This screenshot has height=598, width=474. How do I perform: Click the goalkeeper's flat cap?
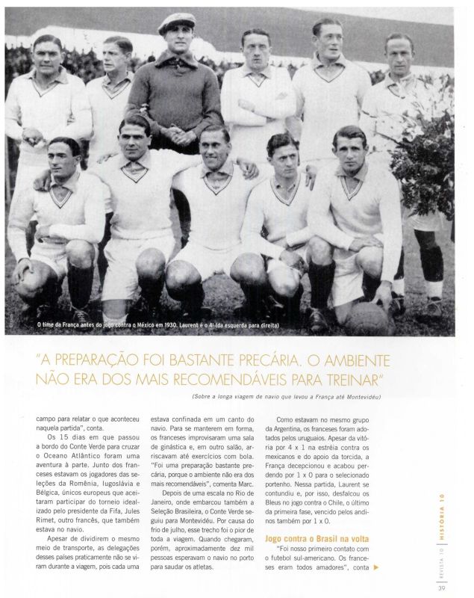click(177, 22)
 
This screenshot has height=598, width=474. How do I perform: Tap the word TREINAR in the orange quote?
click(340, 373)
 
